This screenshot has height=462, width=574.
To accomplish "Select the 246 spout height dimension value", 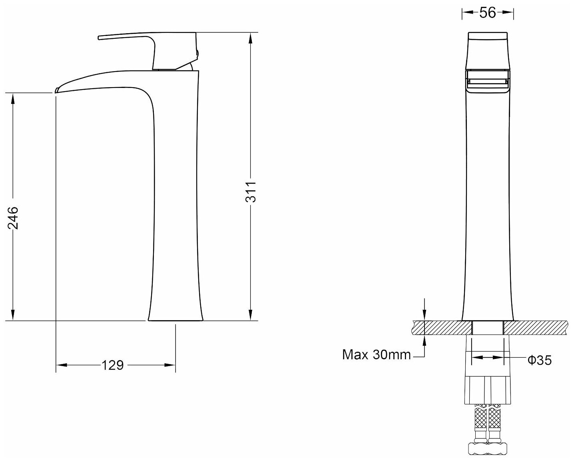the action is [x=13, y=218].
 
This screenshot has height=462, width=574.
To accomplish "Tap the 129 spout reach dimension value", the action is [x=113, y=365].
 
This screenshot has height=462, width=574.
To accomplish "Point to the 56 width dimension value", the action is [x=488, y=12].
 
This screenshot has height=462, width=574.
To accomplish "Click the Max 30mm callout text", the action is [x=377, y=354].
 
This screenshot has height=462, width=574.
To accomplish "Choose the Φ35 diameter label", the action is [x=540, y=360].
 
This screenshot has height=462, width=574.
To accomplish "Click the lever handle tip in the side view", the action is [x=99, y=38].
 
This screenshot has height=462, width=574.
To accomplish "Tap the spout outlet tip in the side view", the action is [x=56, y=91].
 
